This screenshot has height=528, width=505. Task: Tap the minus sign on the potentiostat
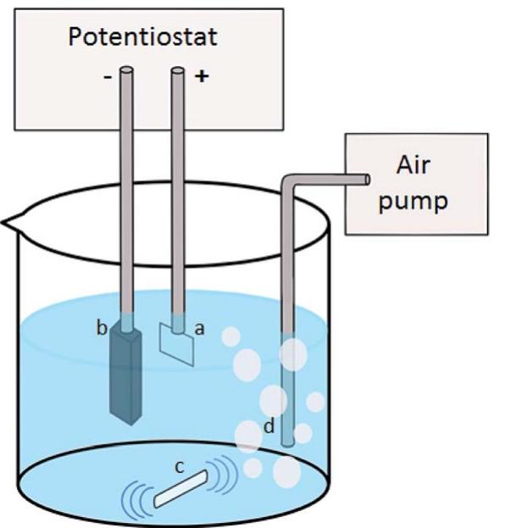[108, 75]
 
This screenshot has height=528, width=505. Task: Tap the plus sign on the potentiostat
[202, 75]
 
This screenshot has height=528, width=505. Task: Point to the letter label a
[200, 330]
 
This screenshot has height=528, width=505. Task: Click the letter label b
[102, 329]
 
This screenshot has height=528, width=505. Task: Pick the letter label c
[179, 464]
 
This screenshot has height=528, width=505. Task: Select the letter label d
[268, 426]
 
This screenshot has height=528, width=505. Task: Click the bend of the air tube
[290, 181]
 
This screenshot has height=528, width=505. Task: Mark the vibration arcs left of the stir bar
[136, 497]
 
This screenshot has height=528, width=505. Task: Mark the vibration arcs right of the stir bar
[225, 475]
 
